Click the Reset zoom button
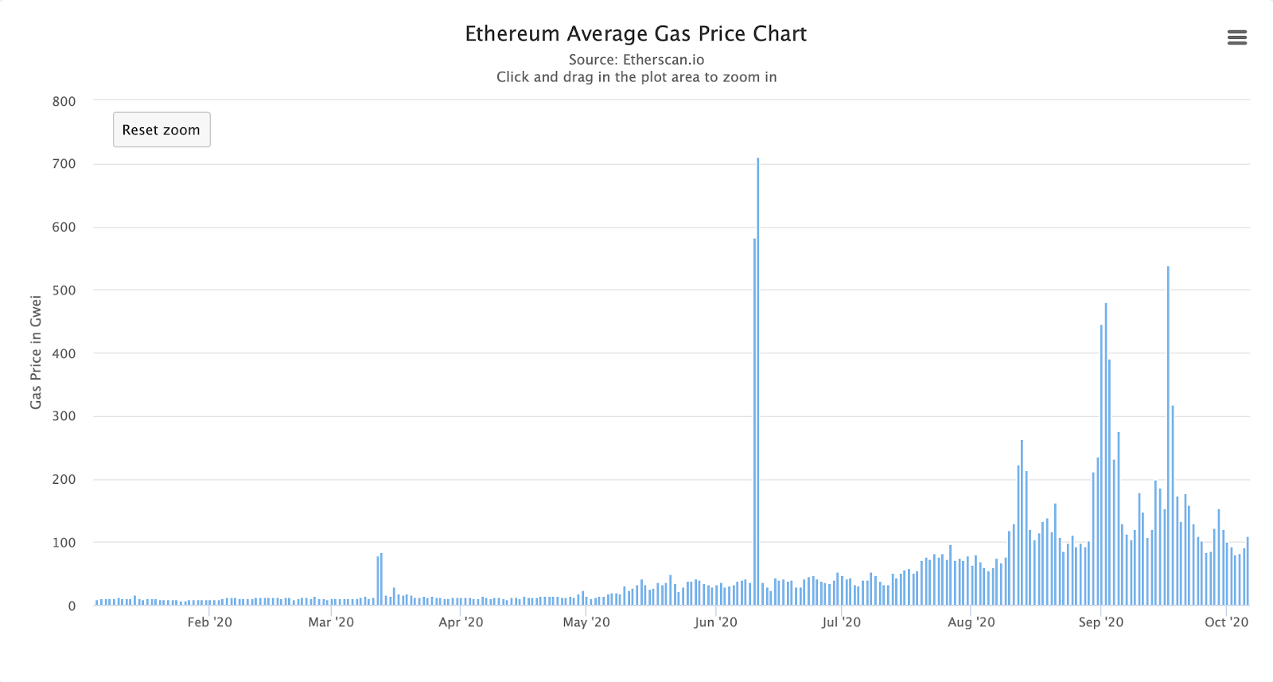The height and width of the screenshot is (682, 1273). click(162, 130)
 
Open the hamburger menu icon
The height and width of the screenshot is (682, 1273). click(1236, 37)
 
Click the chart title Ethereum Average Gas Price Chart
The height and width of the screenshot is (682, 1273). click(636, 34)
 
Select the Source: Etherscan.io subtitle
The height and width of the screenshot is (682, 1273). click(636, 60)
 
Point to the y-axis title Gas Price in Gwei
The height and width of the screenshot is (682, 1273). click(36, 352)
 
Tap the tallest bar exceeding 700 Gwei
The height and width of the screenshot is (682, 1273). click(758, 382)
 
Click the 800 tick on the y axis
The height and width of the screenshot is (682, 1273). click(64, 101)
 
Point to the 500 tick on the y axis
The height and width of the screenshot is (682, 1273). click(64, 290)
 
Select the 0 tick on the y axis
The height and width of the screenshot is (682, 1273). click(72, 606)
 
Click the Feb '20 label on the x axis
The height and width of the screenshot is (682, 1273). click(210, 622)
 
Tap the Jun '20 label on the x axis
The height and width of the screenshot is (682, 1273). click(715, 622)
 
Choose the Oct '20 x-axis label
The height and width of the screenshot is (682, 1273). click(1226, 622)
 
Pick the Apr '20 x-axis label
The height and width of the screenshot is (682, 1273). click(461, 622)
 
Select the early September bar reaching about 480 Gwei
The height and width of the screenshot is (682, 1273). click(1105, 454)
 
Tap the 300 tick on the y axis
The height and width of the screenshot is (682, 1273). click(64, 416)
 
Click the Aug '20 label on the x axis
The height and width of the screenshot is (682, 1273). click(971, 622)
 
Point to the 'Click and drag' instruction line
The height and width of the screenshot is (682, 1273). click(636, 77)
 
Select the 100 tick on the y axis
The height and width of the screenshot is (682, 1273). click(64, 543)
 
